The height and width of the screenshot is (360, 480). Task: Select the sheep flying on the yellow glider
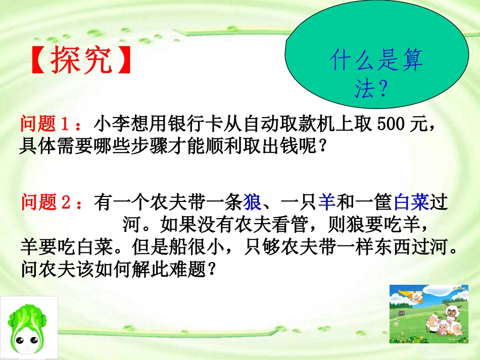[x=417, y=296]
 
